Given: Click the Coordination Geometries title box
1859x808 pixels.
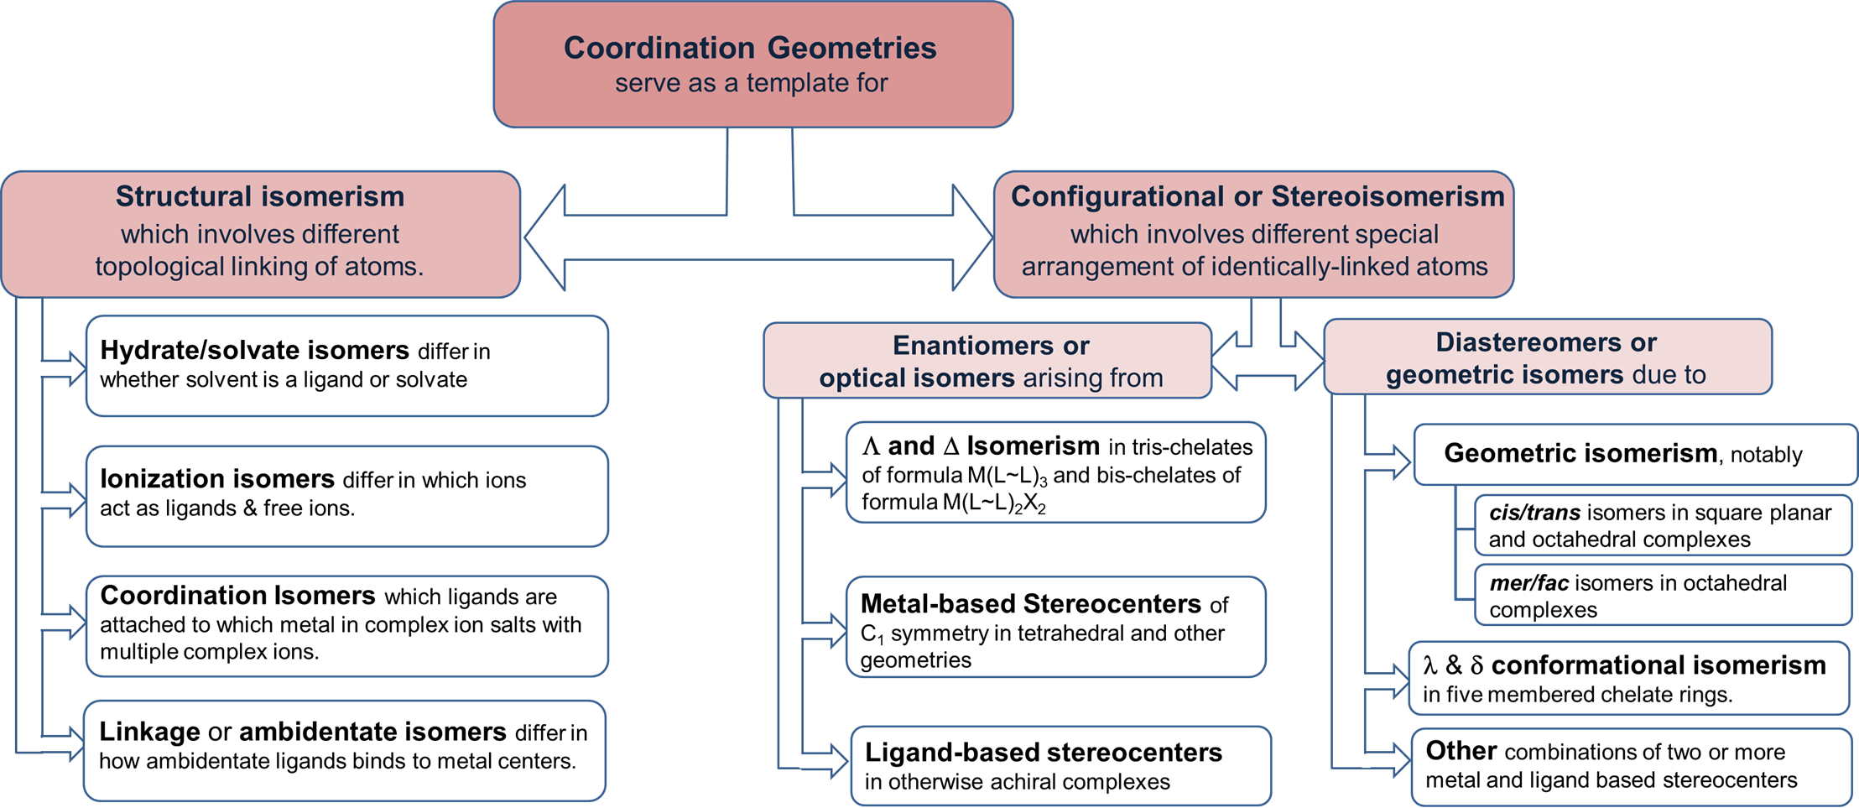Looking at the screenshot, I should pos(752,65).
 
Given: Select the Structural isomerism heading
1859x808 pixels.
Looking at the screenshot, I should pos(259,196).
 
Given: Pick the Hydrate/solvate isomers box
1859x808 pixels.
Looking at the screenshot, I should pos(346,366).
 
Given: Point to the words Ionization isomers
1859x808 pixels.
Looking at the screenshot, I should pos(216,479).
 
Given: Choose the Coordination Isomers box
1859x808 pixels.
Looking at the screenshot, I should pos(346,626).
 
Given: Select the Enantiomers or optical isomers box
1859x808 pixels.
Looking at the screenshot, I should pos(987,361).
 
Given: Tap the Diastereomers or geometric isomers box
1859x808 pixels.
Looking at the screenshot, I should pos(1546,357).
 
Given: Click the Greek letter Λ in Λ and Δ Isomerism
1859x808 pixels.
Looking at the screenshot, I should pos(871,446).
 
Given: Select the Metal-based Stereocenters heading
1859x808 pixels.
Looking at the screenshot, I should pos(1031,604).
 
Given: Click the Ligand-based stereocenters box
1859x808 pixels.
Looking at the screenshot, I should pos(1060,766).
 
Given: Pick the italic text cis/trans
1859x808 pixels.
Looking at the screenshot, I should pos(1534,513).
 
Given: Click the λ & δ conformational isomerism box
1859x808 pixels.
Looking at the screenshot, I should pos(1627,679).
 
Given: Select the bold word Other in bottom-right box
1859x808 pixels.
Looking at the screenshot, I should pos(1461,751).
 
